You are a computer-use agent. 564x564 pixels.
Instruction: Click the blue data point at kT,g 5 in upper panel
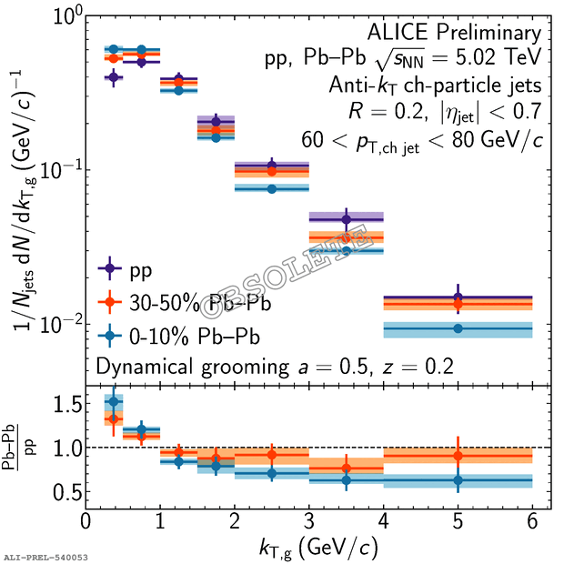(458, 328)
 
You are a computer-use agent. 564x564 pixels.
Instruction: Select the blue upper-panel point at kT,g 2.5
(271, 188)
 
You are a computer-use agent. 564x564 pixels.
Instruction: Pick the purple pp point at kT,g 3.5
(346, 219)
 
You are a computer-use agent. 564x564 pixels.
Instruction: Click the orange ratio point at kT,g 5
(458, 455)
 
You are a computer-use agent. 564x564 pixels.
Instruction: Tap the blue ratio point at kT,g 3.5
(346, 479)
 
